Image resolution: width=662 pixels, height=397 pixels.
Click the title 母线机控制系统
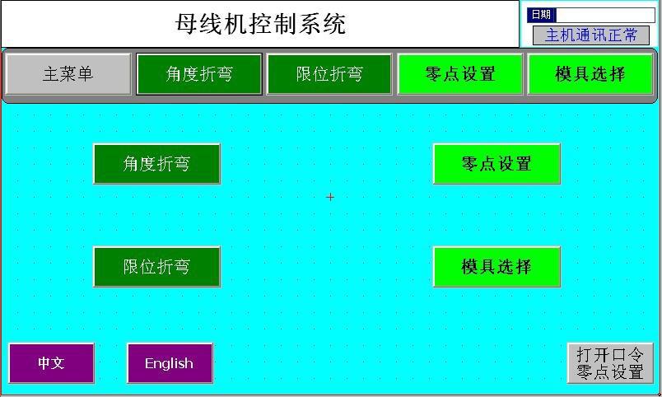(260, 24)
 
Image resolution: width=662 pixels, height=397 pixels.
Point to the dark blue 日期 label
(541, 15)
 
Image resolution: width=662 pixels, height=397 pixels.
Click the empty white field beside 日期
(605, 15)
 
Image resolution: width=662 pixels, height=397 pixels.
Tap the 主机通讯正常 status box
(591, 35)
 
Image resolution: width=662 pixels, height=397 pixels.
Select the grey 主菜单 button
(68, 74)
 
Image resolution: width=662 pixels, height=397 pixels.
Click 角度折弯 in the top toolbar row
(199, 74)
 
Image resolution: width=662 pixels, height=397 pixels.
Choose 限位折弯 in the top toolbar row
(329, 74)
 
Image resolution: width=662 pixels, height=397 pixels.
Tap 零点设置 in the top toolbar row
(460, 74)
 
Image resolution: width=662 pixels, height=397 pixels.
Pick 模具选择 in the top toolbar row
(590, 74)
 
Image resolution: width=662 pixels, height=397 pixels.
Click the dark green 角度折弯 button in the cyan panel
(156, 164)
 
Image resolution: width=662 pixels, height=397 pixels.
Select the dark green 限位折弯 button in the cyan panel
(156, 267)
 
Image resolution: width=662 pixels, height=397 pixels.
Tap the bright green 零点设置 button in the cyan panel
(496, 164)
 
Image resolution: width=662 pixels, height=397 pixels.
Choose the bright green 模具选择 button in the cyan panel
(496, 267)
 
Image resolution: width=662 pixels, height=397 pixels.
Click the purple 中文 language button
(51, 363)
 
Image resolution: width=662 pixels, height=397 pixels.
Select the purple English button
(170, 363)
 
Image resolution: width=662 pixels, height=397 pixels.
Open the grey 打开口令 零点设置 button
(610, 363)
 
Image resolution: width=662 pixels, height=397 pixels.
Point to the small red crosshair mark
(330, 197)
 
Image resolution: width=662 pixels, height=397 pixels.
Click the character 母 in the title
(187, 24)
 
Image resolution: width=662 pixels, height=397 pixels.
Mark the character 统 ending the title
(335, 24)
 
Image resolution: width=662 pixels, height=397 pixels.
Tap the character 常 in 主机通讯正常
(629, 35)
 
